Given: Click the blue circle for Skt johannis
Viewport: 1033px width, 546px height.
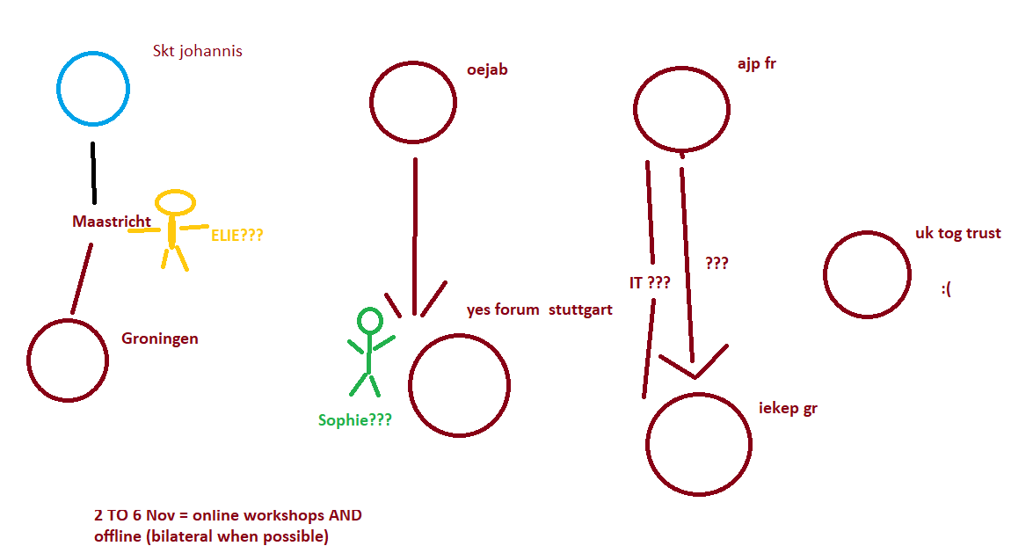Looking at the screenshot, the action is (x=93, y=88).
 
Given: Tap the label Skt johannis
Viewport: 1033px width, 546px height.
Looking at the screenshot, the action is (x=198, y=51).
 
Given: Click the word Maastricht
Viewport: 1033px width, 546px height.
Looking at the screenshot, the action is (x=112, y=222).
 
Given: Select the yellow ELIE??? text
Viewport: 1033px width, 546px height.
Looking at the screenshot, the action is (x=237, y=235).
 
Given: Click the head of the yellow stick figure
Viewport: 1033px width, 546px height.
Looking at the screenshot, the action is (x=175, y=202).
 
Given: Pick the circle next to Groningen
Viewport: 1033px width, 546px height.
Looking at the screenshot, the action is (x=68, y=360).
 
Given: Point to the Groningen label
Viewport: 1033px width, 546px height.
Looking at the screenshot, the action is (x=160, y=339).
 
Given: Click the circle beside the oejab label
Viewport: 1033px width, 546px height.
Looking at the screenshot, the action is (x=413, y=102).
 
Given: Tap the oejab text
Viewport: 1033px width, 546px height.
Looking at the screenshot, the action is (x=488, y=69).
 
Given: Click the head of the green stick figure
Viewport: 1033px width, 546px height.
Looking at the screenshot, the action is (x=369, y=321).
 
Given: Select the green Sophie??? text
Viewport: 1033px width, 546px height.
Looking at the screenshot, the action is (x=355, y=420).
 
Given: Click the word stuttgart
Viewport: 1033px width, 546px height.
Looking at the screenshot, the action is (x=580, y=309).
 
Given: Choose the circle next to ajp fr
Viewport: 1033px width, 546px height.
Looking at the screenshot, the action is (x=682, y=109).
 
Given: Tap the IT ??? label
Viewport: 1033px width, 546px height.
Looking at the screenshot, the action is (x=650, y=282).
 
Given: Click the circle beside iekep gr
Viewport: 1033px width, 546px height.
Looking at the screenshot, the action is (x=699, y=444).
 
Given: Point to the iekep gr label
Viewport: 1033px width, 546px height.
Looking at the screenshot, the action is (x=788, y=408).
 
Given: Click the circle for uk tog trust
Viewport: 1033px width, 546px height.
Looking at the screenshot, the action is (x=867, y=274).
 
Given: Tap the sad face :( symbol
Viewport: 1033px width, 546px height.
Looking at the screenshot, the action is (x=946, y=288).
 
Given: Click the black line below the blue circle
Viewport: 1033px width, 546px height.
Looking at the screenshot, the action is (x=93, y=172).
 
